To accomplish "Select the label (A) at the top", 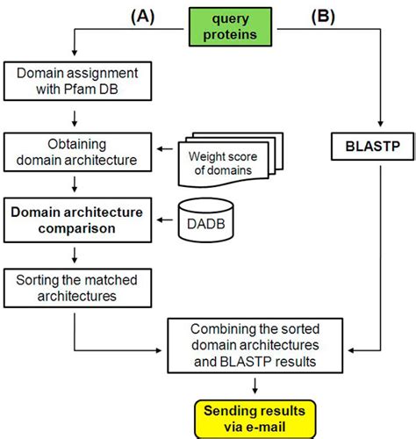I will click(x=144, y=17).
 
